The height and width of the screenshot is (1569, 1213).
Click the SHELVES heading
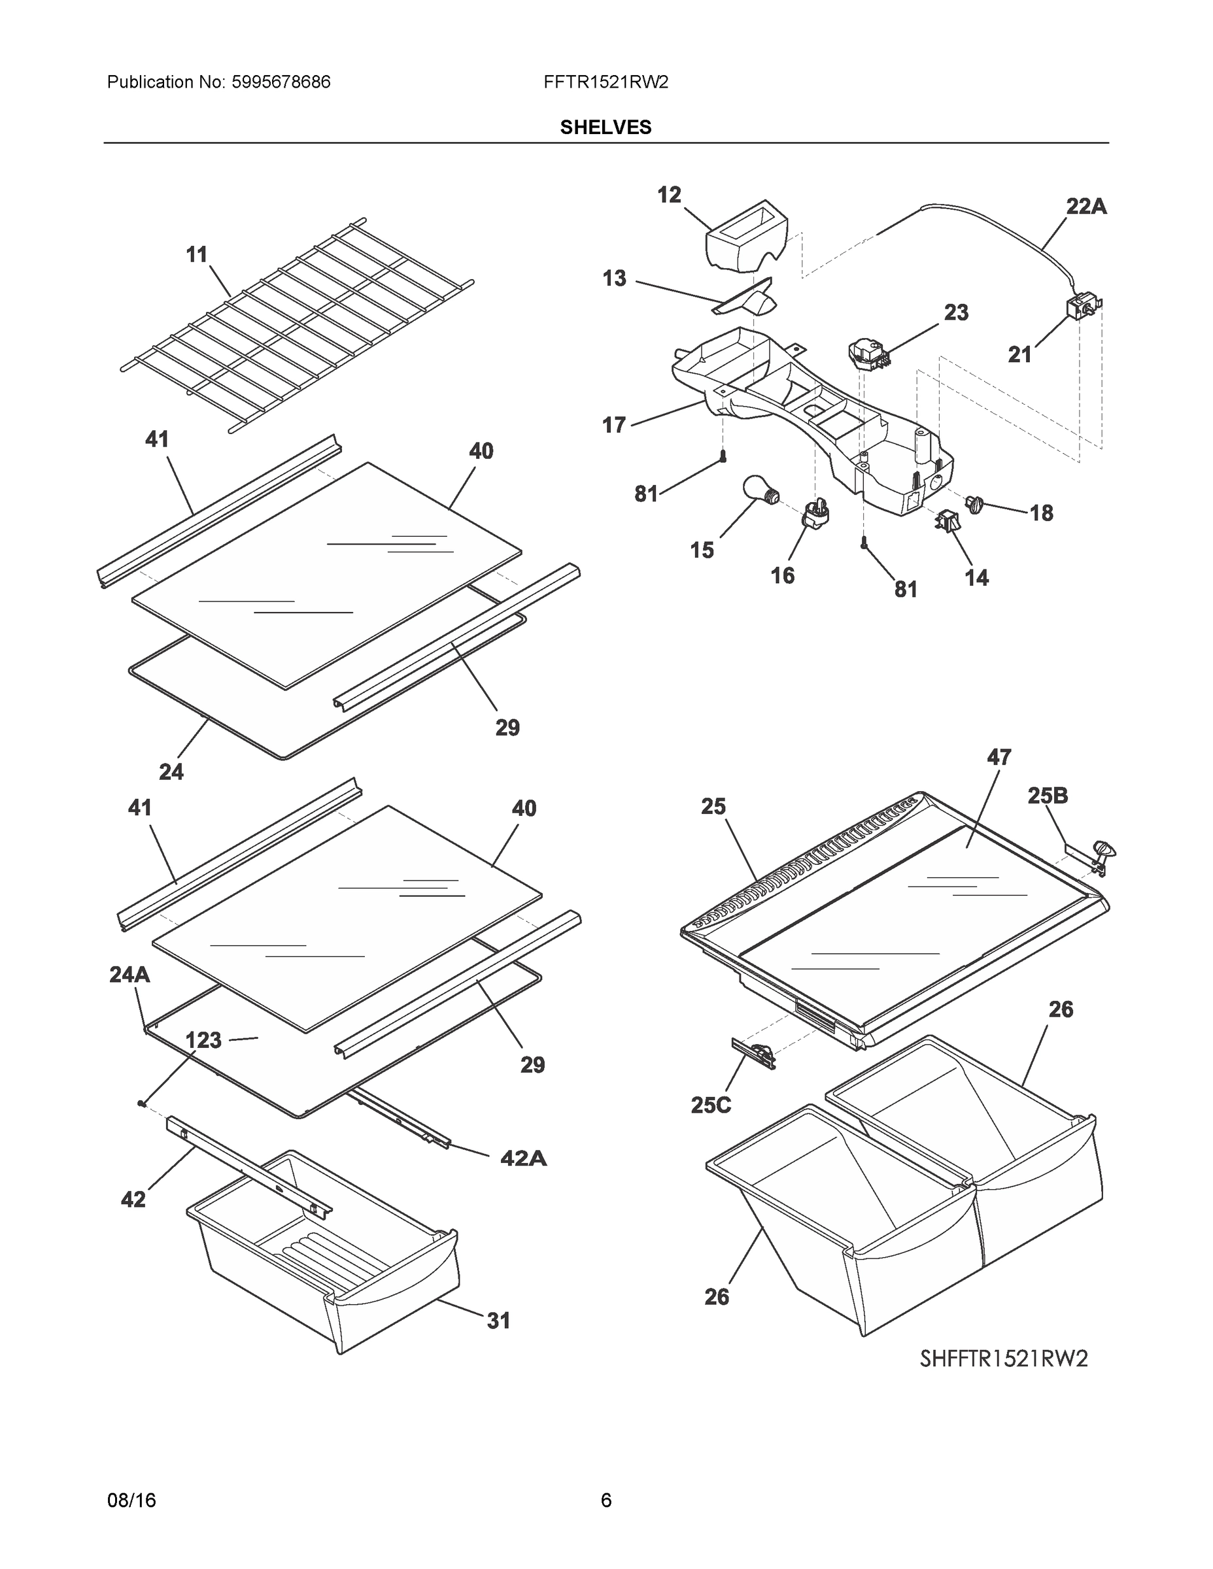click(606, 127)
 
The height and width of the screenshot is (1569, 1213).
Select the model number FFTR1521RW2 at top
click(606, 82)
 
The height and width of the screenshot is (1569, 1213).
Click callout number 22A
click(1085, 207)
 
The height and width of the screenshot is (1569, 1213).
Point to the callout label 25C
click(711, 1105)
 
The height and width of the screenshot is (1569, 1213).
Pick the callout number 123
click(203, 1039)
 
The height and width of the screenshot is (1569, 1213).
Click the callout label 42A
click(523, 1157)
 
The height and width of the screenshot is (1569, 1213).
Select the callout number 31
click(499, 1321)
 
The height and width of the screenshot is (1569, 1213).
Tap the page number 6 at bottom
click(606, 1500)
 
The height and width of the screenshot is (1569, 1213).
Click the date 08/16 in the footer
click(131, 1500)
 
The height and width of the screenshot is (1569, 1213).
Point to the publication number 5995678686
click(281, 82)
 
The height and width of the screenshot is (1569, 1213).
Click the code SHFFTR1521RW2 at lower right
click(1004, 1358)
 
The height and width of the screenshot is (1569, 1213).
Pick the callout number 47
click(999, 757)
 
